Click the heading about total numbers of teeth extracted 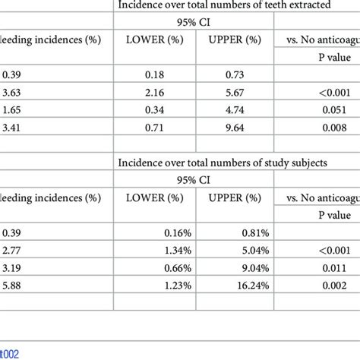[x=238, y=7]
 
